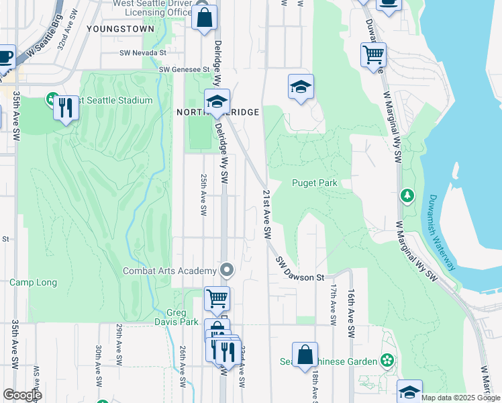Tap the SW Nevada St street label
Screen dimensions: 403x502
point(142,52)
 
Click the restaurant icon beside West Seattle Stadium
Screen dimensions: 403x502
point(65,107)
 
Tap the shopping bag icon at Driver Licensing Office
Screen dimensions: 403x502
point(205,17)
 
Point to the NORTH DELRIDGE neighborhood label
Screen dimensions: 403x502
point(218,112)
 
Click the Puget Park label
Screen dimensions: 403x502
point(314,183)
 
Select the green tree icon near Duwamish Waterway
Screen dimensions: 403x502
point(407,195)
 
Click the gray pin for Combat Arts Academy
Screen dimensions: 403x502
point(227,271)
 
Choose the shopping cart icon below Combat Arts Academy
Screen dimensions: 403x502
point(217,299)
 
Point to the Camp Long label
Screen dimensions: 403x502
point(33,282)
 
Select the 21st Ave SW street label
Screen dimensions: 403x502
point(266,214)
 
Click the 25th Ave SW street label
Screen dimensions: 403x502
point(203,195)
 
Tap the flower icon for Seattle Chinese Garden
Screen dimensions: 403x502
point(387,361)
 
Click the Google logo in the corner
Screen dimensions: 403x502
point(22,394)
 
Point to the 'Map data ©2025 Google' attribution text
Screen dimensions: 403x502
point(460,398)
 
